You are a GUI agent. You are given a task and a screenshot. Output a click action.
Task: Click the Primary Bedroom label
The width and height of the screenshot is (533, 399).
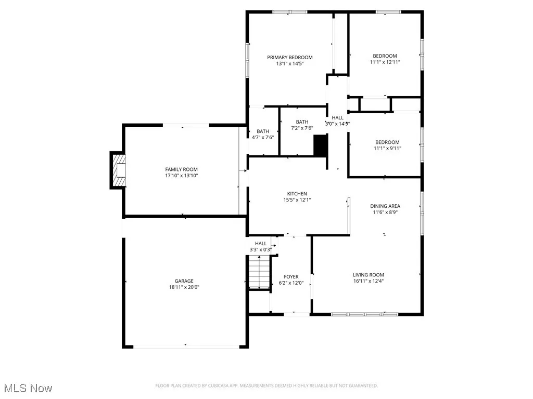pyautogui.click(x=289, y=57)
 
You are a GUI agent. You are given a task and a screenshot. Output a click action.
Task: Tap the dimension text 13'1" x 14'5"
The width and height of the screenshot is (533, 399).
pyautogui.click(x=289, y=63)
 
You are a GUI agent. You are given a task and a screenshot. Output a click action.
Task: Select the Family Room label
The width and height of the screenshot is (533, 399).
pyautogui.click(x=181, y=169)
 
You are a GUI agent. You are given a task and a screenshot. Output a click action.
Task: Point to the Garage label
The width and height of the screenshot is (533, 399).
pyautogui.click(x=184, y=281)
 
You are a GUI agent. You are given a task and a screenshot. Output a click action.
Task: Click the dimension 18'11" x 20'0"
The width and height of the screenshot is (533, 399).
pyautogui.click(x=184, y=287)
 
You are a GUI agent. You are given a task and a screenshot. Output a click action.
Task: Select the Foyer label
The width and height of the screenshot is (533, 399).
pyautogui.click(x=291, y=276)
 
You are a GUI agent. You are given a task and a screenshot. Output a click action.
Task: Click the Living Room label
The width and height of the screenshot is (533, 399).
pyautogui.click(x=368, y=275)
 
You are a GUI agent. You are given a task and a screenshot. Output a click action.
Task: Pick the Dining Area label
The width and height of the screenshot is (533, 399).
pyautogui.click(x=385, y=206)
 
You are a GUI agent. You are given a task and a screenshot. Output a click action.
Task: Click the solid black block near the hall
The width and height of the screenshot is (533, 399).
pyautogui.click(x=320, y=145)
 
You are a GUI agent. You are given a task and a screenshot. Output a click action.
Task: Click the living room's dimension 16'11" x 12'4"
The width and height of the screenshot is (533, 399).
pyautogui.click(x=368, y=281)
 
